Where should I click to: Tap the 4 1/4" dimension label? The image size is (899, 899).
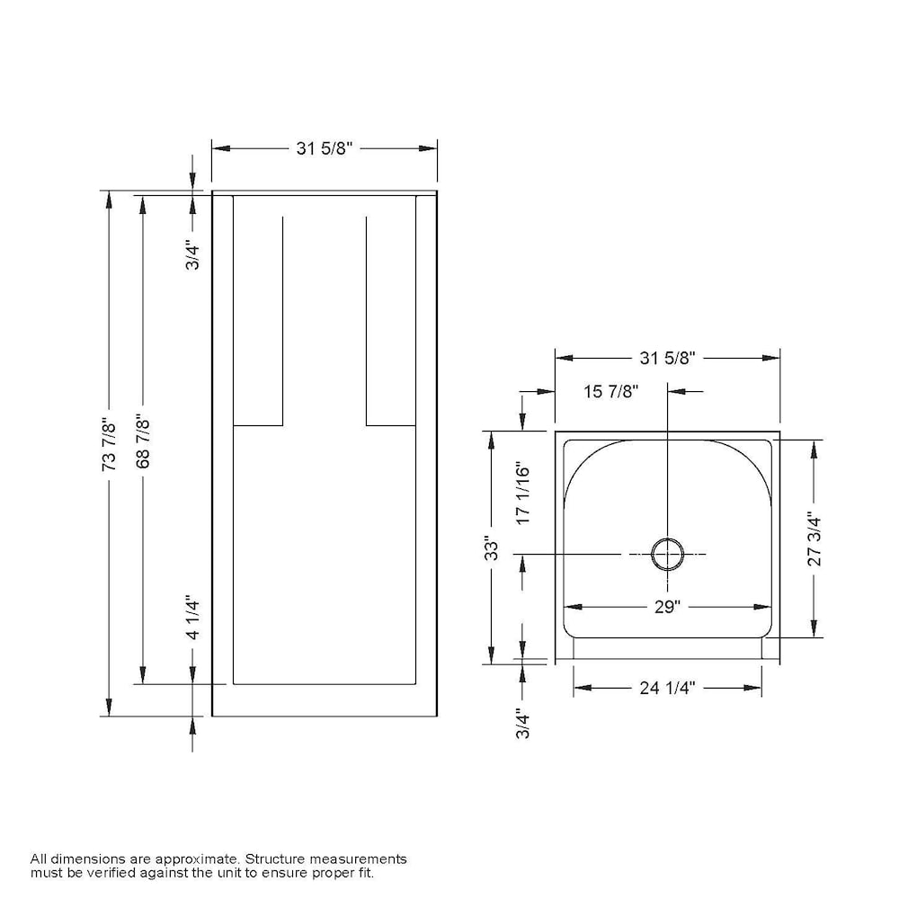click(191, 618)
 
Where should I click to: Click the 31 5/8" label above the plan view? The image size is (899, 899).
click(668, 358)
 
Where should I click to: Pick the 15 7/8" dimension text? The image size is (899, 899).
click(610, 391)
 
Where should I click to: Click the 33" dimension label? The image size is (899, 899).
click(491, 547)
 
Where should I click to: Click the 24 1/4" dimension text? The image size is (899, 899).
click(667, 688)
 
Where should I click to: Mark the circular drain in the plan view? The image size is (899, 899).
click(667, 554)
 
